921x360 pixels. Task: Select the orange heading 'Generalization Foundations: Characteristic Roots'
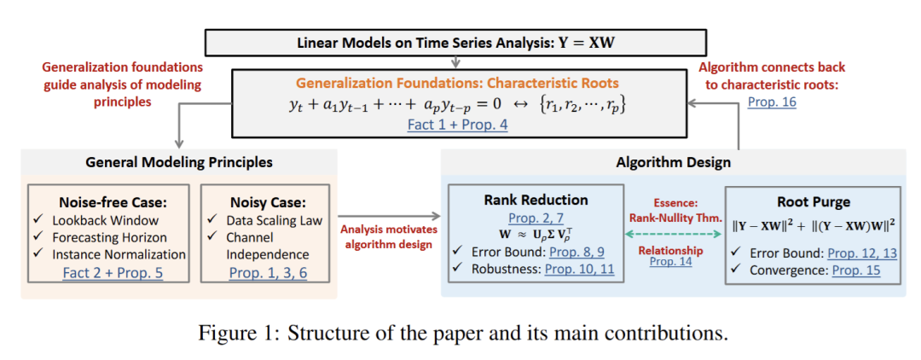(459, 83)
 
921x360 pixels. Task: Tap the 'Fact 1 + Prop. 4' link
(459, 125)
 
